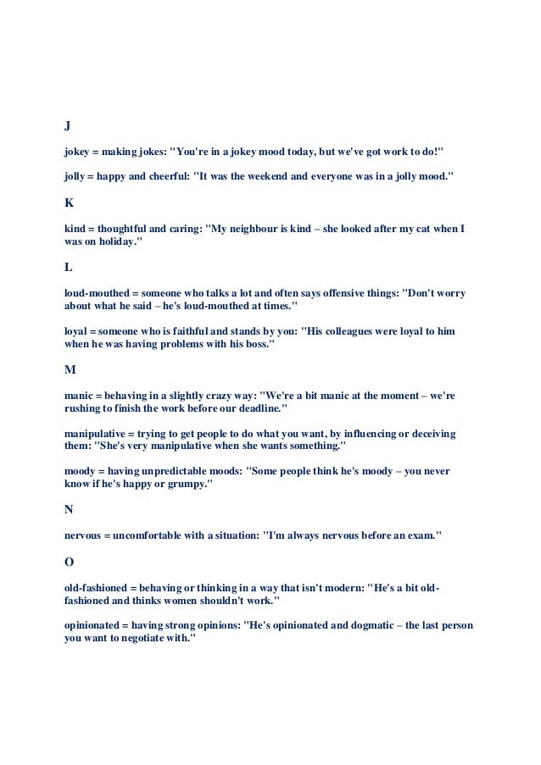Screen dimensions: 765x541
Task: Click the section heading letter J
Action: pos(68,126)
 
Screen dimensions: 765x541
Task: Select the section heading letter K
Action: pos(69,203)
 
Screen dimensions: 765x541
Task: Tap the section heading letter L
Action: pos(69,268)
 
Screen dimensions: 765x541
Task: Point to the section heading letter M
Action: pos(70,370)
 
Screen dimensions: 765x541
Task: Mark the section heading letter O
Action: pos(70,562)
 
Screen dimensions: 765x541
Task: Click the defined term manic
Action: pos(79,395)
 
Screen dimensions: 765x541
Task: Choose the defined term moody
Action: pos(81,471)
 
